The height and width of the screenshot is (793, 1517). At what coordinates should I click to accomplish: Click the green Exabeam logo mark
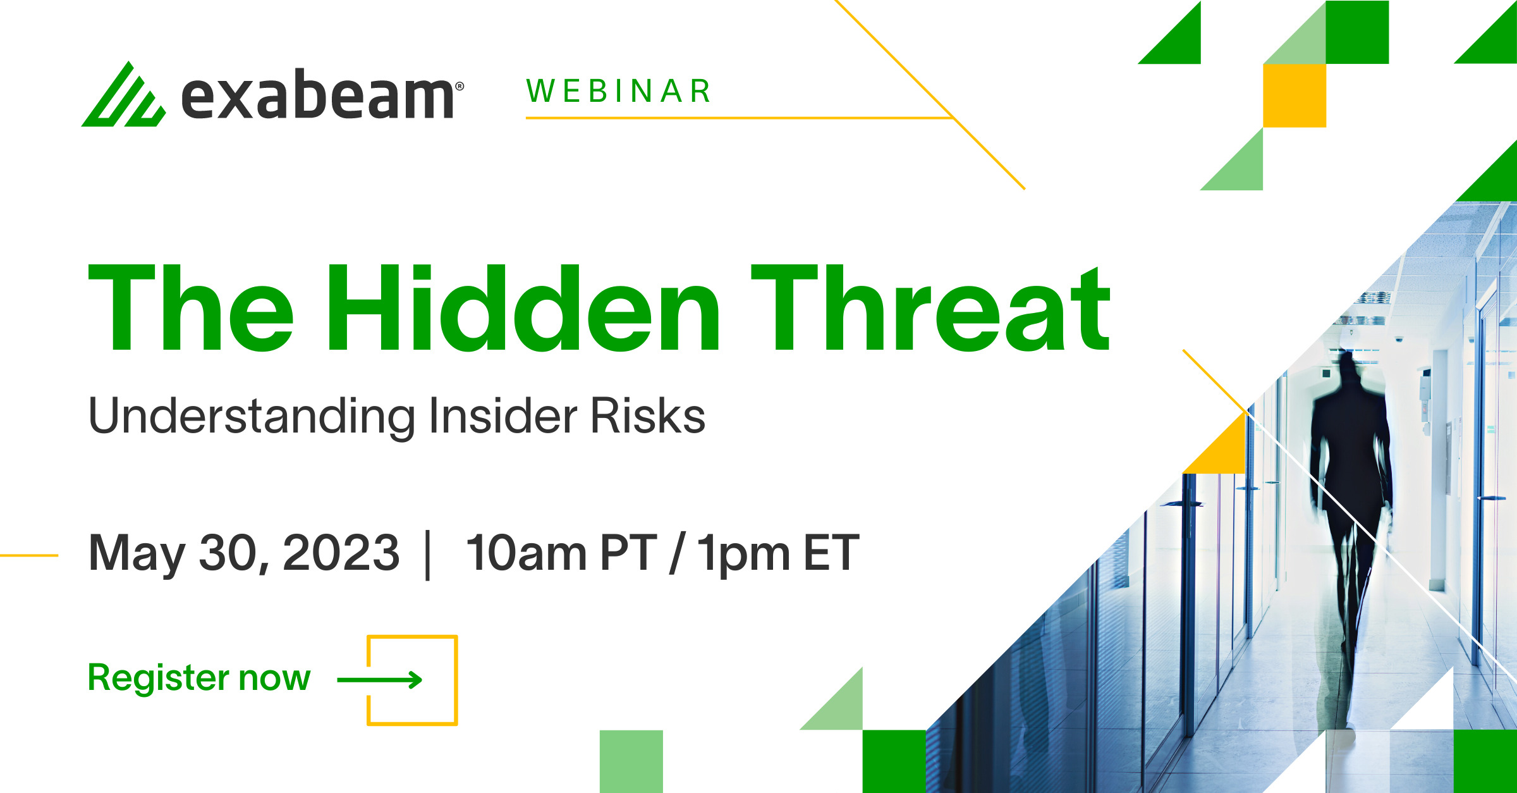pos(124,94)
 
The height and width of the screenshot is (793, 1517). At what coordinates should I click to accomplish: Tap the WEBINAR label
pos(619,91)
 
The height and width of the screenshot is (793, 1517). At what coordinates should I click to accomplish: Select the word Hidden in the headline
pos(523,308)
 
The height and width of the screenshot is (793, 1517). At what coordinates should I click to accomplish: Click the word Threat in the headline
pos(931,308)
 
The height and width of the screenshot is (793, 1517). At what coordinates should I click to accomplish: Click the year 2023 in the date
pos(341,553)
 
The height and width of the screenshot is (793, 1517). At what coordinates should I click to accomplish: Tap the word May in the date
pos(137,555)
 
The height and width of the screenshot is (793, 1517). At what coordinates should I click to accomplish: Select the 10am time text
pos(527,553)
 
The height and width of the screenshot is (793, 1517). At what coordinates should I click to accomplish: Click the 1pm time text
pos(743,555)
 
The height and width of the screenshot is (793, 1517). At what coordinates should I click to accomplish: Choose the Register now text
pos(199,679)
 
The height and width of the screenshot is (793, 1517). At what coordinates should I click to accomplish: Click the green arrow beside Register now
pos(380,680)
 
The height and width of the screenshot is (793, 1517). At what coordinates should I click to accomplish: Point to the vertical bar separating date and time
pos(429,555)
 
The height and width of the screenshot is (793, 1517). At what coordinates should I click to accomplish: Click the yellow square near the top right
pos(1295,95)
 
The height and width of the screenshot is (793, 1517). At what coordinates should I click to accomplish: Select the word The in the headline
pos(191,308)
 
